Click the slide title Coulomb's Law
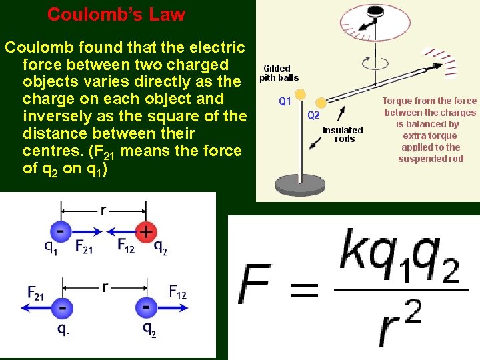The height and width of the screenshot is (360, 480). coord(116,14)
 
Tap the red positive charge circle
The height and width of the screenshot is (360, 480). coord(145,231)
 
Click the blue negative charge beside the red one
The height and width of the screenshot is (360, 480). coord(61,231)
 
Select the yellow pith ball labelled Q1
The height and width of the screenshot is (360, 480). coord(301,94)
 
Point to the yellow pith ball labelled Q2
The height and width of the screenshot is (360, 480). coord(321,103)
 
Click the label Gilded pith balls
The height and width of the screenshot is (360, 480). coord(279,73)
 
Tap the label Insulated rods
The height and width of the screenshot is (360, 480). coord(343,135)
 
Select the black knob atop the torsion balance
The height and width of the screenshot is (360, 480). coord(365,7)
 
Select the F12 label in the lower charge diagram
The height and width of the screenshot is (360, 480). coord(177,291)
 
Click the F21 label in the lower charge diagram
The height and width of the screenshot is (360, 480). coord(36,291)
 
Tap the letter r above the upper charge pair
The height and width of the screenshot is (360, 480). coord(103,210)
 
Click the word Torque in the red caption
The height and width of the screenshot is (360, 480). coord(399,101)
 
